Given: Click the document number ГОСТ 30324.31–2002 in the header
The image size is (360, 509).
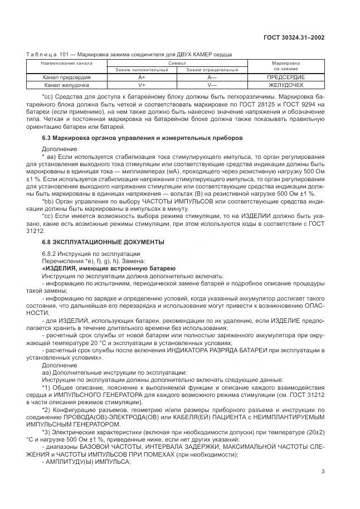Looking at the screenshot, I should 294,38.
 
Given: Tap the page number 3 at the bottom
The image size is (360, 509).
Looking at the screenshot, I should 323,471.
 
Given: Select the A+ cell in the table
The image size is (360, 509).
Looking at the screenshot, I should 142,77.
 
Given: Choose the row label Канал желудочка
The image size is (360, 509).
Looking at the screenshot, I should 67,85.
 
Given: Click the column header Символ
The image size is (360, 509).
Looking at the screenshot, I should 177,64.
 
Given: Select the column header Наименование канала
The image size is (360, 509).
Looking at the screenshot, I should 67,64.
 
